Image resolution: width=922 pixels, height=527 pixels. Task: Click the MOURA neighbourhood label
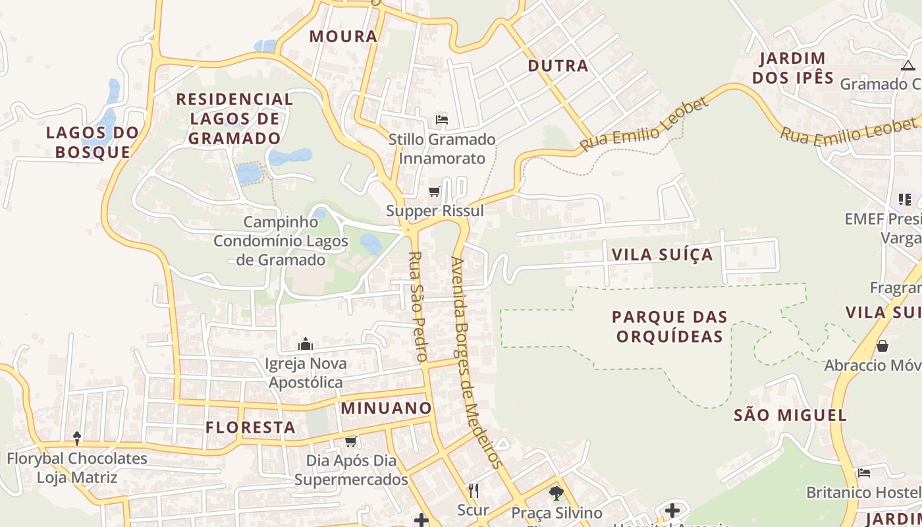343,37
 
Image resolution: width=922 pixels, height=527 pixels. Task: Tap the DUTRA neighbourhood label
558,66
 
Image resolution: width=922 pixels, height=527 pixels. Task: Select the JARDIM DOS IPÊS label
793,68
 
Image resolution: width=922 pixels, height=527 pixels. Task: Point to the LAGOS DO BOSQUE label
92,142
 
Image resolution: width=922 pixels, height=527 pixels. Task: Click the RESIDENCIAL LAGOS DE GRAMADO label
234,119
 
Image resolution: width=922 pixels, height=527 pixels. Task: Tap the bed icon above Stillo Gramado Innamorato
442,120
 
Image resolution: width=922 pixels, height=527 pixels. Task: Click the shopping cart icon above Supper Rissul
435,192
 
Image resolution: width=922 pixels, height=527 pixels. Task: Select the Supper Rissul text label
435,211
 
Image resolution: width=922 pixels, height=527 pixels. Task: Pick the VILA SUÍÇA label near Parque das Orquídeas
662,255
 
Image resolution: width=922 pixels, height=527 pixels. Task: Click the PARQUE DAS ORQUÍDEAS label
669,327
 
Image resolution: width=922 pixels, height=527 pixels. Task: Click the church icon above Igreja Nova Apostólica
305,344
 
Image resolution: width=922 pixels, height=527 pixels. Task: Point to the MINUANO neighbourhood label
386,408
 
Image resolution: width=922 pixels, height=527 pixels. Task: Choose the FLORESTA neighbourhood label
250,428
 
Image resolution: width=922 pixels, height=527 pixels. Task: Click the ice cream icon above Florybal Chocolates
76,438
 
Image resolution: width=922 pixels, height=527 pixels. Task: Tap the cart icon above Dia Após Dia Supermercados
351,441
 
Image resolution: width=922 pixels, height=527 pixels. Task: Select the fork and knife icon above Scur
473,491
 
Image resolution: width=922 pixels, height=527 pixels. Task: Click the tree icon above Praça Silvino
556,493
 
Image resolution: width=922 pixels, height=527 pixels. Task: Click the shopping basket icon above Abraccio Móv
882,345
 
